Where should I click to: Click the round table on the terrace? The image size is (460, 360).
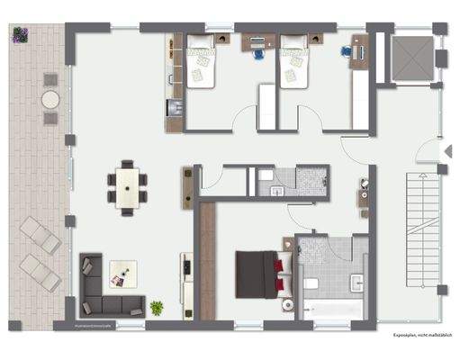pos(51,98)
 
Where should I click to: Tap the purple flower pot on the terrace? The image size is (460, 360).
pos(20,35)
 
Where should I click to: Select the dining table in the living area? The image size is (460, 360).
pos(129,186)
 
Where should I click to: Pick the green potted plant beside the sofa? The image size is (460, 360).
pos(158,308)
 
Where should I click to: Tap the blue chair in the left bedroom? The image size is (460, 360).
pos(258,54)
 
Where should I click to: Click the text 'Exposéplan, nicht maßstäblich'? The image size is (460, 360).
pos(419,335)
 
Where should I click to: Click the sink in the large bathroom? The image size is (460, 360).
pos(357,282)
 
